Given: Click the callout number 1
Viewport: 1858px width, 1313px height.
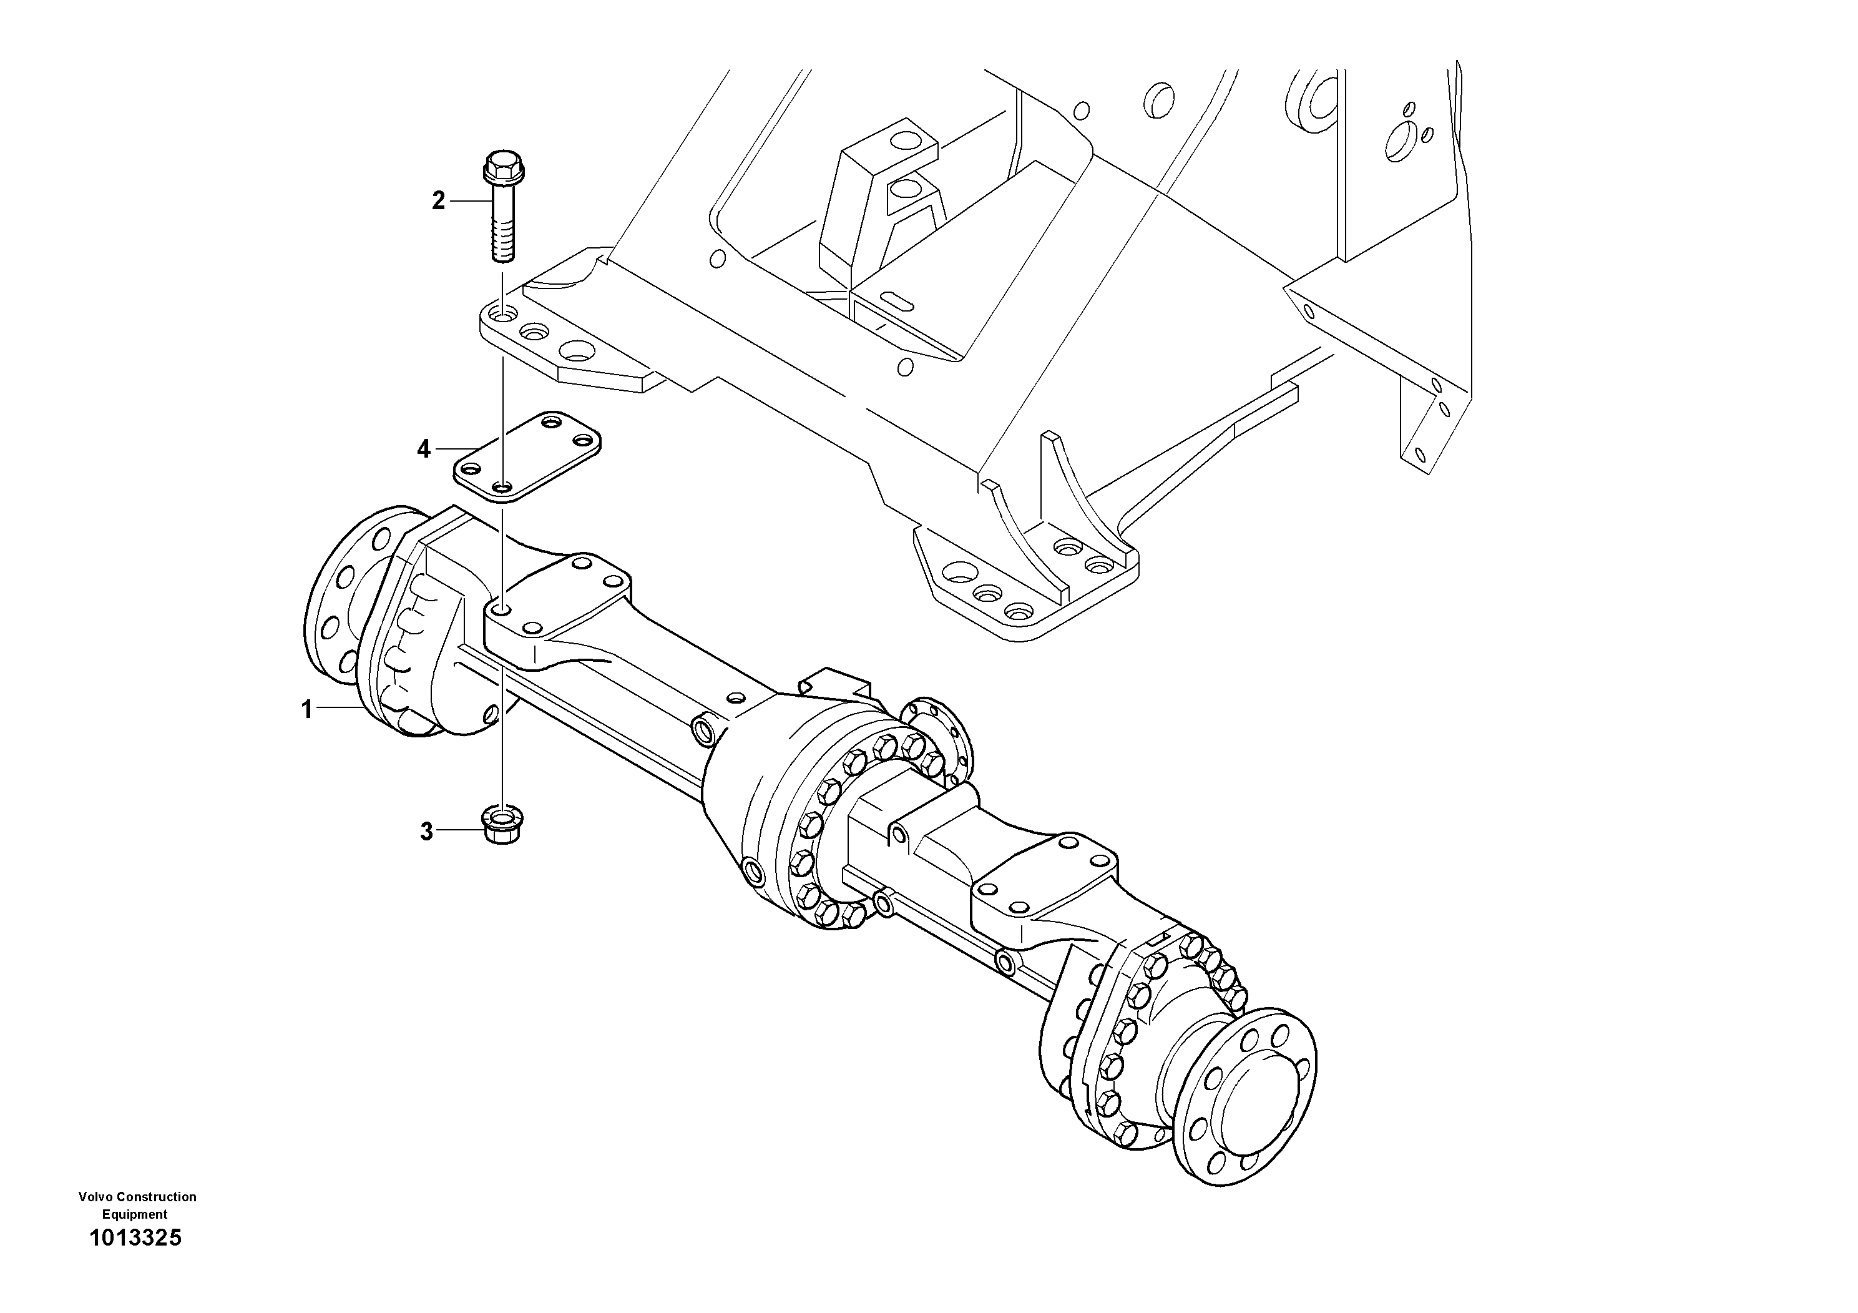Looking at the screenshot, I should tap(306, 710).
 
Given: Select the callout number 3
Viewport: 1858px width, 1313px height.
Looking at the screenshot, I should tap(426, 832).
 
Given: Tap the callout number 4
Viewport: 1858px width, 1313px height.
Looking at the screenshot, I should tap(424, 448).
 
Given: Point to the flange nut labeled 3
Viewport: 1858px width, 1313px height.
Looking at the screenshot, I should tap(502, 825).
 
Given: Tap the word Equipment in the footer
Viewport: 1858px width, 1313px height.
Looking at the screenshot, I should tap(134, 1214).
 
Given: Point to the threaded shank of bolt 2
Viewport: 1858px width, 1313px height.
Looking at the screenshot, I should tap(502, 227).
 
